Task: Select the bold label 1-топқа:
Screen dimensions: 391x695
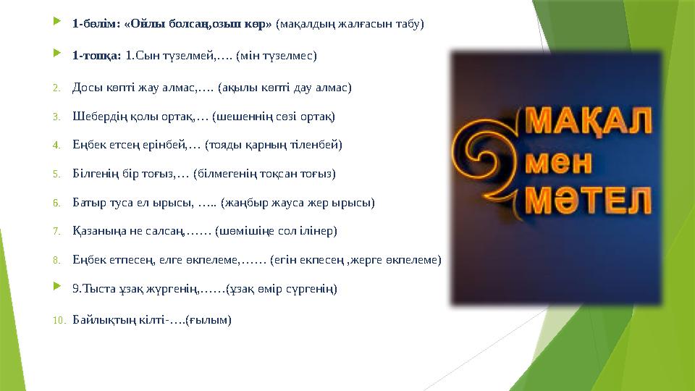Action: (97, 55)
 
